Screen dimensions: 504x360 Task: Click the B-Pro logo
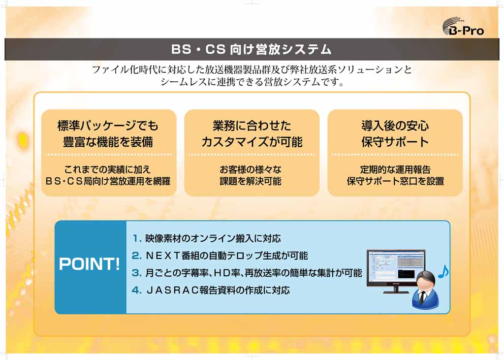point(463,26)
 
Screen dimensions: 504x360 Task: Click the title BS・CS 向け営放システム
point(252,49)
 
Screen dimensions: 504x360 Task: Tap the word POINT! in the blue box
point(90,264)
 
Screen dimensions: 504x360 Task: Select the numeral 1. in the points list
point(137,239)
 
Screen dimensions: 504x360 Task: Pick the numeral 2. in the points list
point(137,256)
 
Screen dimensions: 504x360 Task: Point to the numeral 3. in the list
point(137,273)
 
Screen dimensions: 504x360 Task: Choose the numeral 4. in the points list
point(137,290)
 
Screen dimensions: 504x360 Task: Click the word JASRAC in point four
point(172,290)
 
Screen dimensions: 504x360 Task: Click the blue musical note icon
point(443,272)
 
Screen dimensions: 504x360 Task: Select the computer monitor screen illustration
point(396,268)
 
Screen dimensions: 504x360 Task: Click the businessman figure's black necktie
point(422,297)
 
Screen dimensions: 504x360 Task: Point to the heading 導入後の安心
point(395,126)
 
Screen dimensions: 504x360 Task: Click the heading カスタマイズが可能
point(252,142)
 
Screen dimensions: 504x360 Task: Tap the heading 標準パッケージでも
point(108,126)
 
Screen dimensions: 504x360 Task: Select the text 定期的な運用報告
point(395,169)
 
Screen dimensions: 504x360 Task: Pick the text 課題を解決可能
point(251,181)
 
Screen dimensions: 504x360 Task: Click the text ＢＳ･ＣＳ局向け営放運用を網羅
point(108,181)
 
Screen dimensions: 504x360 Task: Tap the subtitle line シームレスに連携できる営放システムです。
point(252,82)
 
